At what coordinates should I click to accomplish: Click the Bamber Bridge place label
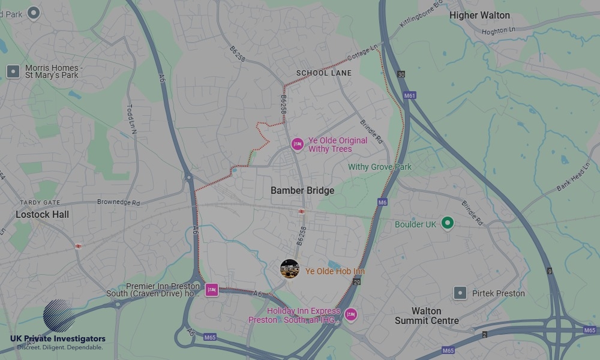[x=302, y=190]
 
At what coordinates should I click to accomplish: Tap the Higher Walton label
[x=479, y=16]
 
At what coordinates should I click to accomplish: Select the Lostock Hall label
[x=42, y=214]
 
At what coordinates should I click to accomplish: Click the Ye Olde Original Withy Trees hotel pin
[x=297, y=144]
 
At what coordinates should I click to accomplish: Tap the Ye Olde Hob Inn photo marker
[x=290, y=269]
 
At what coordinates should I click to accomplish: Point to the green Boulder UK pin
[x=447, y=224]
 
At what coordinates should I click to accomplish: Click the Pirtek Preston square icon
[x=460, y=293]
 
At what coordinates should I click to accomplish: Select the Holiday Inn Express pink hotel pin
[x=350, y=314]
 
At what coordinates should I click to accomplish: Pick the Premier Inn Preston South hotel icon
[x=211, y=290]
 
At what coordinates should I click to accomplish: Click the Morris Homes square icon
[x=13, y=72]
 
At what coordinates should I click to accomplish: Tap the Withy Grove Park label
[x=380, y=167]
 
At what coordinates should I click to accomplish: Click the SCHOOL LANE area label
[x=324, y=73]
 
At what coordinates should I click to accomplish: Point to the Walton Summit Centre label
[x=427, y=316]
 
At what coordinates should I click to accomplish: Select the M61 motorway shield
[x=410, y=95]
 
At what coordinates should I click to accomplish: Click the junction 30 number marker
[x=401, y=74]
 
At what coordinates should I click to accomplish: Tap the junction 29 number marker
[x=357, y=281]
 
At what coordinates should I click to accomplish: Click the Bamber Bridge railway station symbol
[x=302, y=211]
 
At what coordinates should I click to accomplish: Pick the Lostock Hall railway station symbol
[x=78, y=246]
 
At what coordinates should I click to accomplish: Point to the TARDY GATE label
[x=40, y=203]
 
